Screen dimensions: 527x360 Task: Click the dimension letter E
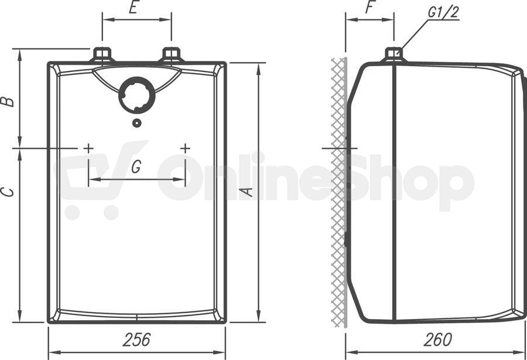(x=134, y=8)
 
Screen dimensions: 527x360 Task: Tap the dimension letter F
(x=371, y=8)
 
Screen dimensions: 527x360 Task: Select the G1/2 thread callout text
(x=443, y=12)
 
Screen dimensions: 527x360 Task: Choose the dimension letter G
(x=136, y=167)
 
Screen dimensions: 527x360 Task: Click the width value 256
(x=136, y=340)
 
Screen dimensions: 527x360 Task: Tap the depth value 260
(x=437, y=340)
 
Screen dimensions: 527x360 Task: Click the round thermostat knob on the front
(x=137, y=95)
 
